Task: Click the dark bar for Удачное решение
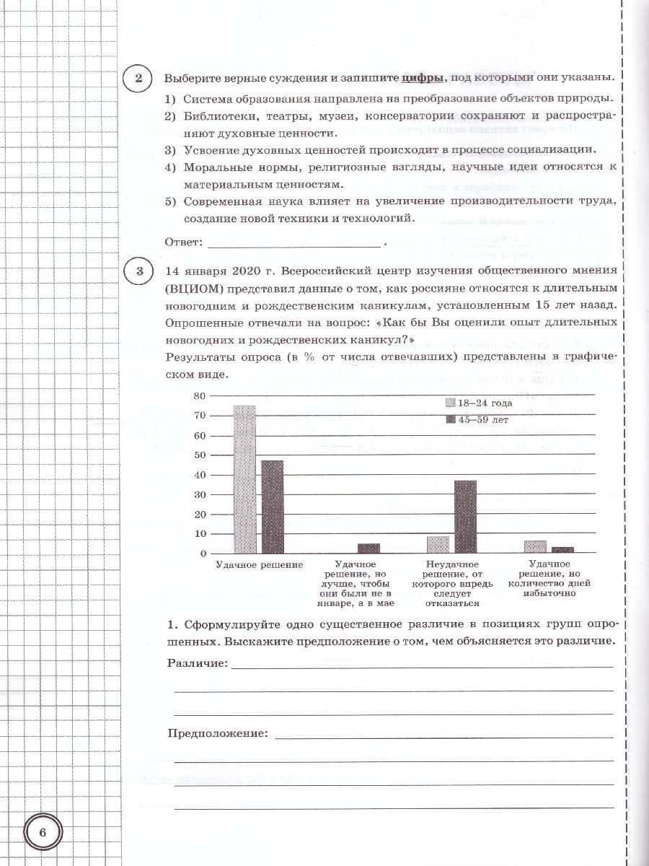click(272, 507)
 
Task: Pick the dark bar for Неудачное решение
click(465, 517)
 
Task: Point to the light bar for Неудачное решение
click(438, 545)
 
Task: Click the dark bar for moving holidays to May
click(368, 548)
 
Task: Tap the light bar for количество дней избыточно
click(534, 547)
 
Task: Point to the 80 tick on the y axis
click(200, 395)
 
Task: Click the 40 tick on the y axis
click(200, 475)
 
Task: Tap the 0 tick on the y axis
click(203, 554)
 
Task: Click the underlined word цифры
click(422, 78)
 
